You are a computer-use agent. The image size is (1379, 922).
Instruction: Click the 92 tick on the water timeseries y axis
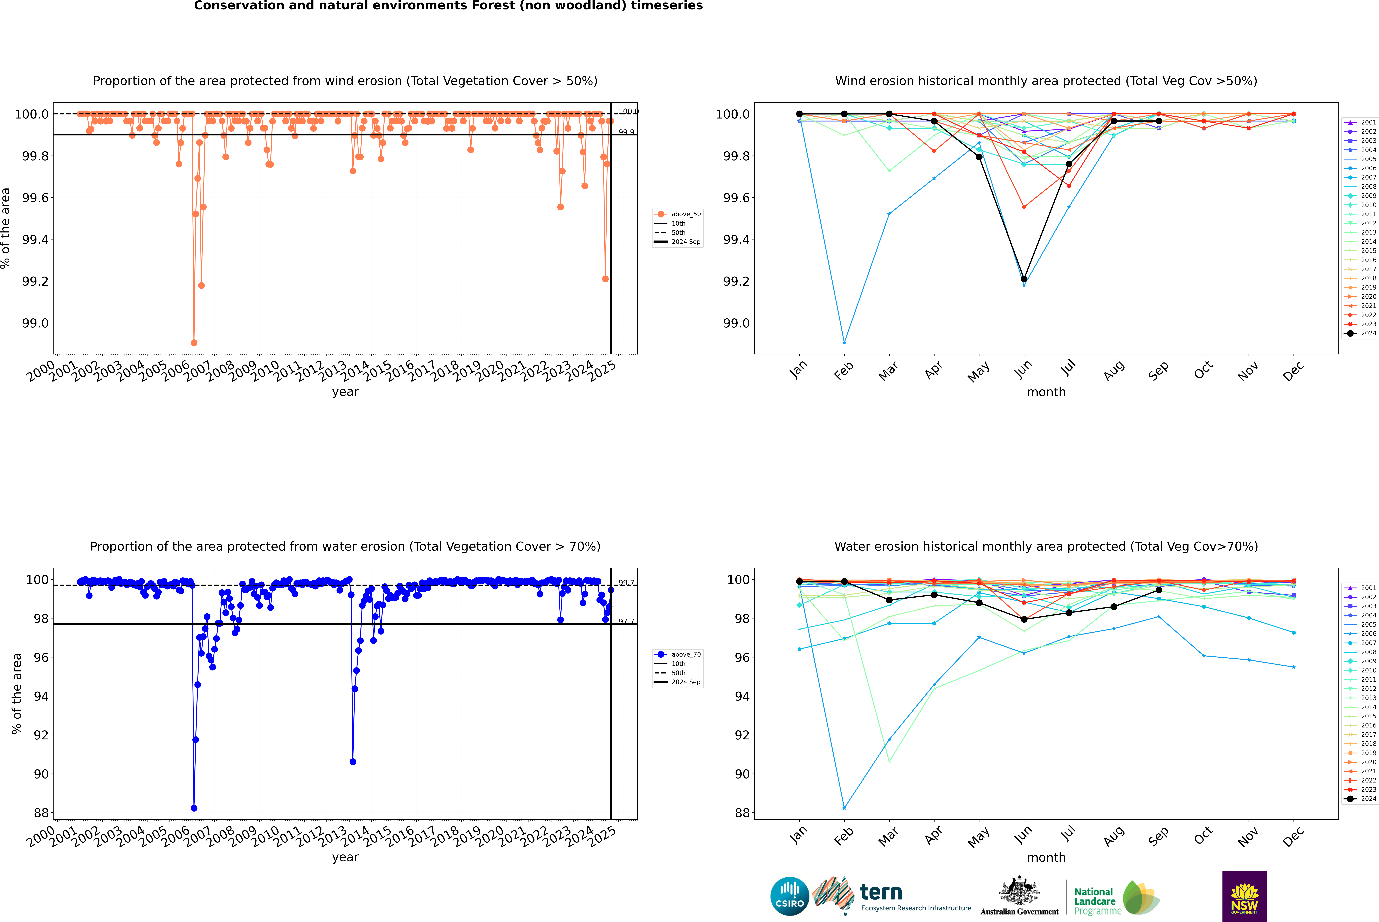[41, 735]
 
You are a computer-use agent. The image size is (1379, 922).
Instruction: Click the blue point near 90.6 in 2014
[353, 761]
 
